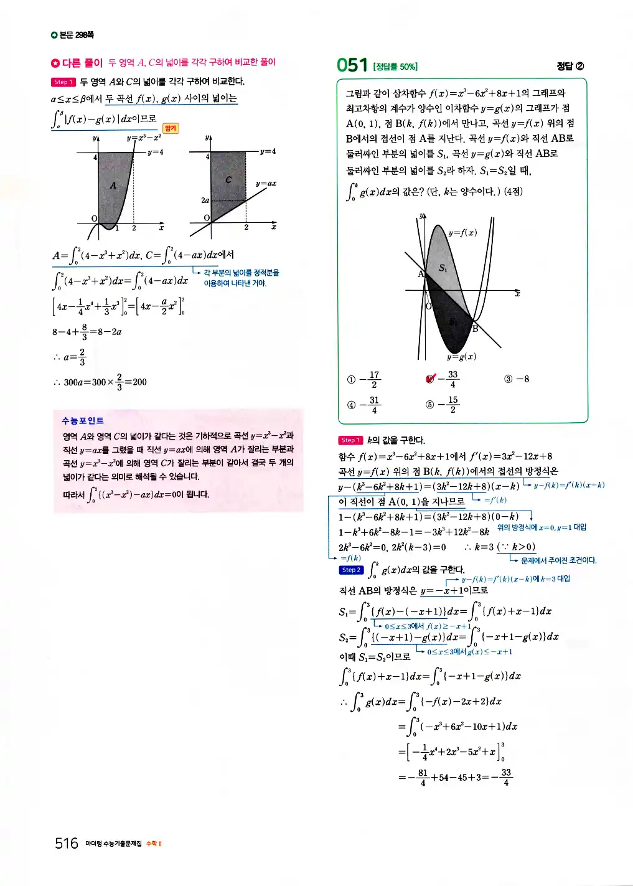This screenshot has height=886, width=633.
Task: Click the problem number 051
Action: (352, 65)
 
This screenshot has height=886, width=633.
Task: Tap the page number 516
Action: (66, 843)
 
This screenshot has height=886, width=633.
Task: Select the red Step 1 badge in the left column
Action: (63, 82)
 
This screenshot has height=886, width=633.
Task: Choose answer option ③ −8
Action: (517, 379)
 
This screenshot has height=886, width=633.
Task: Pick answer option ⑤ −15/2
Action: (443, 405)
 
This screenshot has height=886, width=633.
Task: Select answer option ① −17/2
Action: (364, 379)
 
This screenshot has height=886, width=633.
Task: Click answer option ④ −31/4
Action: (364, 405)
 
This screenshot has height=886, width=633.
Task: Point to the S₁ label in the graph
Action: (443, 268)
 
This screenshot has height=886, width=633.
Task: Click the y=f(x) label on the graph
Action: (462, 233)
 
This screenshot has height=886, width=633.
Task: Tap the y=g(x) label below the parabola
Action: (461, 357)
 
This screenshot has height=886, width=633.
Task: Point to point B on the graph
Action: (475, 328)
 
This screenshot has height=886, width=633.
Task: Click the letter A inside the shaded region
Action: (113, 185)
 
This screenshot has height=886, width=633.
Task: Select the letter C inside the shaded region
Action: (228, 180)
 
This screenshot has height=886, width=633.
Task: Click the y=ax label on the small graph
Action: (266, 184)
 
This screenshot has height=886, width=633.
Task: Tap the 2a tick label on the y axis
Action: (205, 200)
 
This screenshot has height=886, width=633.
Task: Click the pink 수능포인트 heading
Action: (83, 421)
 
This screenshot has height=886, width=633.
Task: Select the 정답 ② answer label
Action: (570, 66)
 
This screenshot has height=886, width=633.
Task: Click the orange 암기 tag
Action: (171, 128)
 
